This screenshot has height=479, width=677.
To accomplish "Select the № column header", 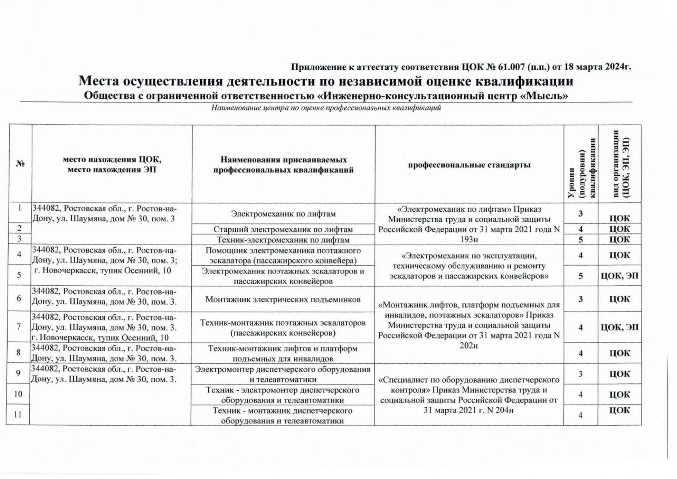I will tap(20, 164).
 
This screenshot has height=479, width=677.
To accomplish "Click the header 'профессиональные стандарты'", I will tap(469, 165).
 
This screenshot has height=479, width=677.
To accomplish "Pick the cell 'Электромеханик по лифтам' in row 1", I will tap(283, 214).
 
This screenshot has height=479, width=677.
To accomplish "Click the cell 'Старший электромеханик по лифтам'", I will tap(283, 229).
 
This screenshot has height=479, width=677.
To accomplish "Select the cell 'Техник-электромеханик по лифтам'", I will tap(283, 240).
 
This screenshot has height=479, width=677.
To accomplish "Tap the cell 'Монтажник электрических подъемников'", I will tap(283, 299).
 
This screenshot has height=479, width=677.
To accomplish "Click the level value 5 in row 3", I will tap(581, 240).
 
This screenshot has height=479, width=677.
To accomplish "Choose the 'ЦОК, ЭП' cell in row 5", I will tap(620, 276).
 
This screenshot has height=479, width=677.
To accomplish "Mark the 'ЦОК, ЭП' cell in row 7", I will tap(620, 327).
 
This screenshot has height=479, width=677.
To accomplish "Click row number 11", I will tap(18, 415).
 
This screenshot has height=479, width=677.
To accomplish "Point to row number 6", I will tap(19, 299).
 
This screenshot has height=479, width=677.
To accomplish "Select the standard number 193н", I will tap(469, 240).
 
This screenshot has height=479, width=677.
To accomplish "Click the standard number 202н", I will tap(469, 346).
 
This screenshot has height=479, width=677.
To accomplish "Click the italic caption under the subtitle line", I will tap(326, 108).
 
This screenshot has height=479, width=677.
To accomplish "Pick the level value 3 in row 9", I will tap(581, 374).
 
